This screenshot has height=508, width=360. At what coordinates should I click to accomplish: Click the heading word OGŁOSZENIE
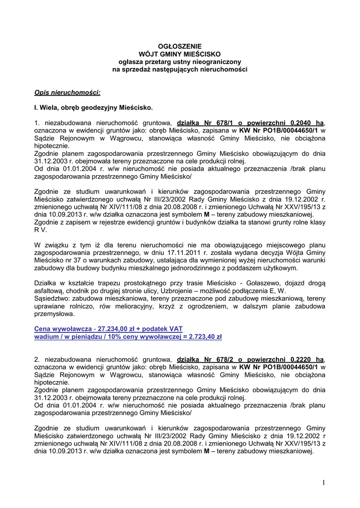coord(180,46)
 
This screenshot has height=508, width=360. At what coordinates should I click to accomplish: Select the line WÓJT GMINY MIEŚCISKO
coord(180,54)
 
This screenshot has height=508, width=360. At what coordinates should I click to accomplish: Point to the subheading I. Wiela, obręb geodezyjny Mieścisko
coord(93,107)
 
